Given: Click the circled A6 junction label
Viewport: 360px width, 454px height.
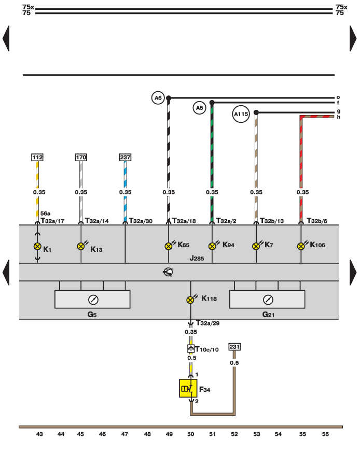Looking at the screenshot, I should pyautogui.click(x=158, y=97).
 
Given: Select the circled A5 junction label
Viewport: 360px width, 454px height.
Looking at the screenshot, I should pyautogui.click(x=199, y=108).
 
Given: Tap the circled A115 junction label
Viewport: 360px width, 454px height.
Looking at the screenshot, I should pyautogui.click(x=241, y=114).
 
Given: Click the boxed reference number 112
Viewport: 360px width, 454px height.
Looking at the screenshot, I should pyautogui.click(x=37, y=157).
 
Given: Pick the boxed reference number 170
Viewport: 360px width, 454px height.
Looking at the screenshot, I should pyautogui.click(x=81, y=157).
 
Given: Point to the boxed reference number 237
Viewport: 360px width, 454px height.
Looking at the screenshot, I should pyautogui.click(x=125, y=157).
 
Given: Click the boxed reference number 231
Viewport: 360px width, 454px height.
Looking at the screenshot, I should pyautogui.click(x=234, y=347).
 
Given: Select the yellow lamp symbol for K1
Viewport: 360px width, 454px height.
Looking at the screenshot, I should pyautogui.click(x=37, y=246).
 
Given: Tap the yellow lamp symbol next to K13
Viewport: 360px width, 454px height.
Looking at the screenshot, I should pyautogui.click(x=81, y=246).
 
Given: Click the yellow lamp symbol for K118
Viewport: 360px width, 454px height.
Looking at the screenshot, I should pyautogui.click(x=191, y=299).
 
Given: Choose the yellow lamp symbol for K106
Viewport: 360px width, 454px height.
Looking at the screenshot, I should pyautogui.click(x=301, y=246).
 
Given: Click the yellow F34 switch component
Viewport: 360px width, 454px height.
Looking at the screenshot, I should pyautogui.click(x=188, y=388).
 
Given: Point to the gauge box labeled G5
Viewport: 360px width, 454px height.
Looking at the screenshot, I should pyautogui.click(x=92, y=299).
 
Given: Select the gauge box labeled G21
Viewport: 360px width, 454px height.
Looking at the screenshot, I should pyautogui.click(x=267, y=299).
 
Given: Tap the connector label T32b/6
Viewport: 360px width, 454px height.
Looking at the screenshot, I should pyautogui.click(x=317, y=220).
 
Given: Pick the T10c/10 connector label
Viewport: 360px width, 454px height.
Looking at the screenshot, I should pyautogui.click(x=207, y=349).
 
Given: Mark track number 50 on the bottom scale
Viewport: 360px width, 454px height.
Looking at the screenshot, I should pyautogui.click(x=190, y=434).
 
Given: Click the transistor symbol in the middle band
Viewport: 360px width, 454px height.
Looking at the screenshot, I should pyautogui.click(x=168, y=272).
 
